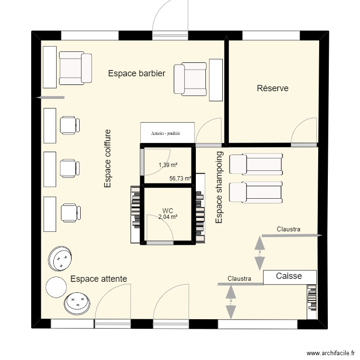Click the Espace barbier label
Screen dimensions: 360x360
coord(137,73)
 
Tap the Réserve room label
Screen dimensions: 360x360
coord(273,88)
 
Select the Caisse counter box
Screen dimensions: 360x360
coord(289,276)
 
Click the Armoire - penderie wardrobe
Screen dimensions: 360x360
coord(167,132)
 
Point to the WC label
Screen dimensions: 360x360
coord(168,211)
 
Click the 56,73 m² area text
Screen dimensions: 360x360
coord(180,178)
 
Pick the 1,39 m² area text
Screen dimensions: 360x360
coord(168,165)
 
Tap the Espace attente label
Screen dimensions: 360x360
coord(99,278)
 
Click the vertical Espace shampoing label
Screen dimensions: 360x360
coord(219,188)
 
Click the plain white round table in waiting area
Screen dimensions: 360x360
coord(56,287)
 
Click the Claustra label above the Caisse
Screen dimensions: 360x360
coord(288,229)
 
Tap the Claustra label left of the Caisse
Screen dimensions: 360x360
coord(240,278)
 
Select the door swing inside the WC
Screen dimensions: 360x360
coord(162,232)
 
